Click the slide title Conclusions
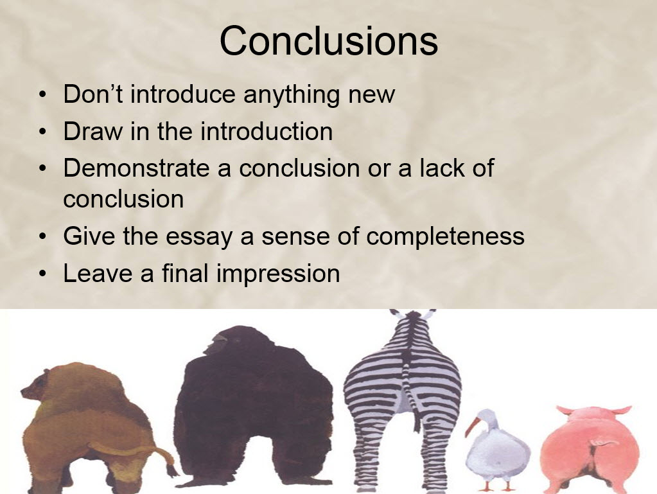tap(329, 40)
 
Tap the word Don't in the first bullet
tap(93, 94)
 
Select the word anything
tap(291, 94)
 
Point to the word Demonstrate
tap(136, 168)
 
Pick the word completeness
tap(446, 237)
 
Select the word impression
tap(278, 274)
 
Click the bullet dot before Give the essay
tap(42, 237)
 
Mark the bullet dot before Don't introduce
tap(42, 95)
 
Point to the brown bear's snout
tap(26, 393)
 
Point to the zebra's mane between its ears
tap(413, 315)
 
